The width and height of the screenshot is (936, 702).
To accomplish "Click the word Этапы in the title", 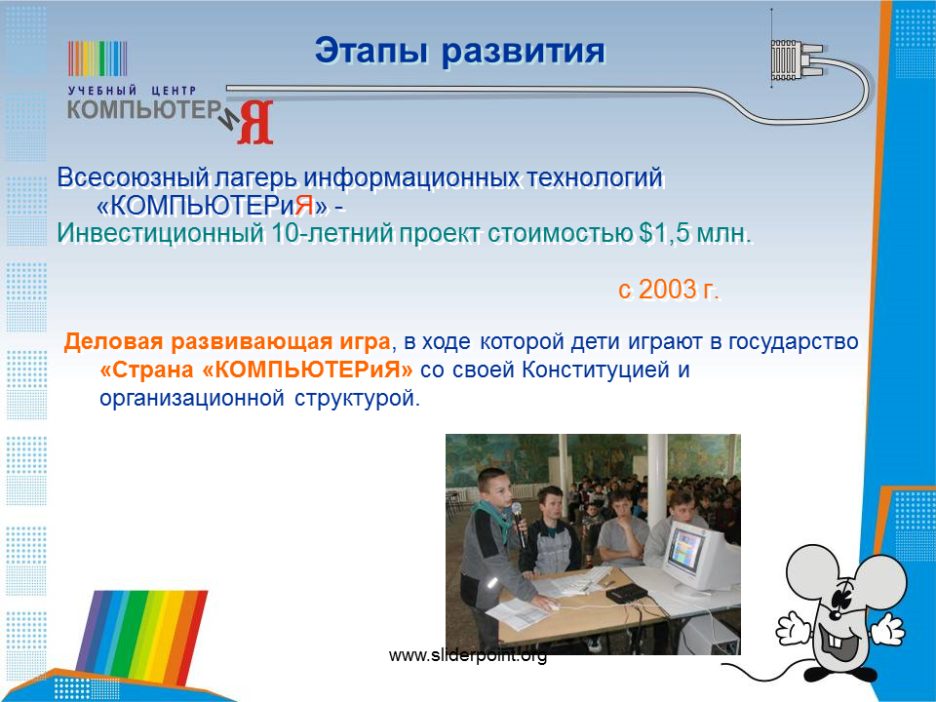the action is click(x=371, y=52).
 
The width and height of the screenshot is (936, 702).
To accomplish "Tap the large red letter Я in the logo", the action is click(x=255, y=123).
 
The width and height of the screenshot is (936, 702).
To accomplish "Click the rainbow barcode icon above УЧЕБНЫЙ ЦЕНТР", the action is click(x=97, y=58).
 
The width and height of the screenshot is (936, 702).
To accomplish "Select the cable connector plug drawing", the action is click(x=794, y=59).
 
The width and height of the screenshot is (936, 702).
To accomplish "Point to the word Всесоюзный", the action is click(x=134, y=177).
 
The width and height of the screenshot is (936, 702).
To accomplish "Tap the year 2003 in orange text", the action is click(x=667, y=290).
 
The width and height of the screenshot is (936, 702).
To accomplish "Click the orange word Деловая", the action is click(x=113, y=341).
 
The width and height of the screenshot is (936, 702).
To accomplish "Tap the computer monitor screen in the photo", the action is click(x=685, y=550).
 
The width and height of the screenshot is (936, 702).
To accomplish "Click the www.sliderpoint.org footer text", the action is click(x=467, y=655).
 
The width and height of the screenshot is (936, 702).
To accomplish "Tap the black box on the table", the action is click(x=627, y=593).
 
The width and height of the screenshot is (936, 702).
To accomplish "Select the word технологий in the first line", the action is click(x=595, y=177).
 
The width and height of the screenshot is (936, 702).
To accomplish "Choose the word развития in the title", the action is click(x=523, y=52).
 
